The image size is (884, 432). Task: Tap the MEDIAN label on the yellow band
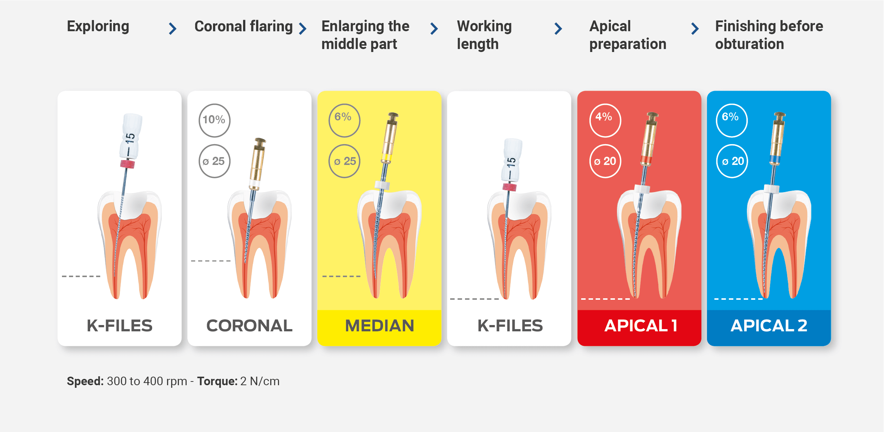pyautogui.click(x=379, y=326)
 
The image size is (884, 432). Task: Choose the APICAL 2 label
pyautogui.click(x=769, y=326)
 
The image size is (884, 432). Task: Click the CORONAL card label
pyautogui.click(x=249, y=326)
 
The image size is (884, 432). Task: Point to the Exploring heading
pyautogui.click(x=98, y=27)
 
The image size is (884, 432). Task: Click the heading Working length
pyautogui.click(x=484, y=35)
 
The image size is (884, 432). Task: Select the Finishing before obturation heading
pyautogui.click(x=769, y=35)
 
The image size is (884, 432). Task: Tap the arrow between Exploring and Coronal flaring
pyautogui.click(x=173, y=29)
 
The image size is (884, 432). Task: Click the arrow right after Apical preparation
pyautogui.click(x=695, y=29)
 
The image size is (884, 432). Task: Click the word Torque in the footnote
pyautogui.click(x=217, y=381)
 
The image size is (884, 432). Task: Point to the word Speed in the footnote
pyautogui.click(x=85, y=381)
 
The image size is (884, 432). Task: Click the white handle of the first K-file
pyautogui.click(x=130, y=136)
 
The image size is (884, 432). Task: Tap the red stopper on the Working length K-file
pyautogui.click(x=509, y=187)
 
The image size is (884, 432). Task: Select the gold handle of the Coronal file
pyautogui.click(x=258, y=160)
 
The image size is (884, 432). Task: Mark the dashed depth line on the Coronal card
pyautogui.click(x=211, y=261)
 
